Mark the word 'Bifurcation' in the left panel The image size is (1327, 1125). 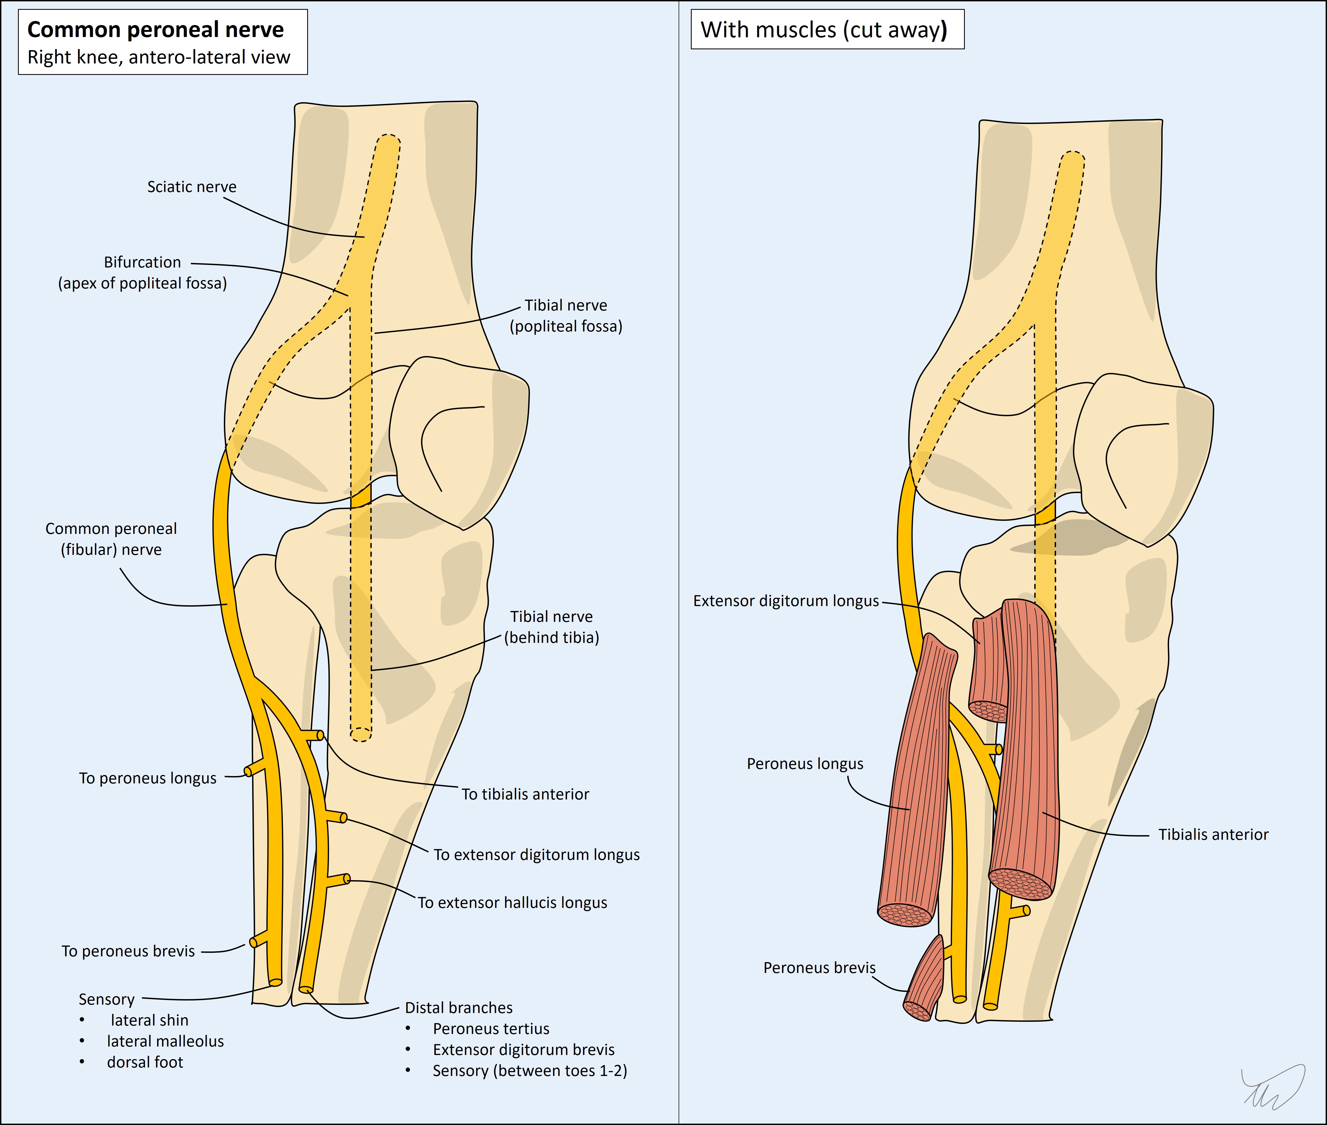(x=142, y=262)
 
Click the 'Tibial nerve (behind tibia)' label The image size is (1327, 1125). (x=552, y=627)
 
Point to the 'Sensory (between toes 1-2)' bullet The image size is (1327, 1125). (x=529, y=1071)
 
